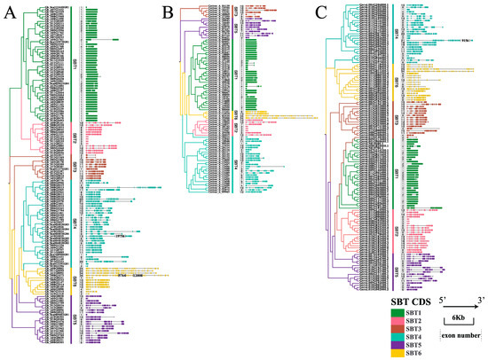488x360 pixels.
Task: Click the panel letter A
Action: click(x=12, y=12)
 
